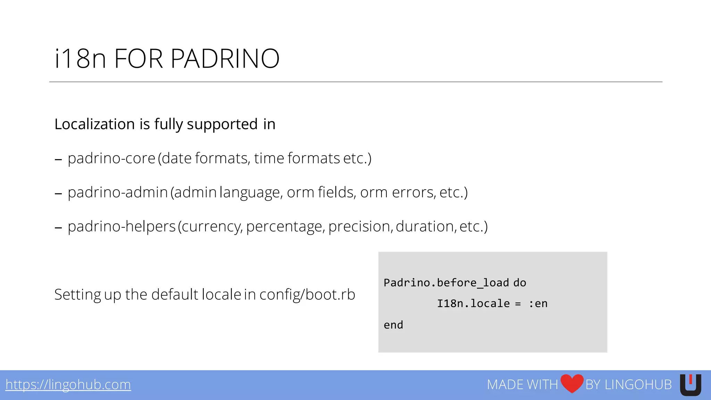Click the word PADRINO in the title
225,58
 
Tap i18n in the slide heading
80,58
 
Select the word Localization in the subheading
94,124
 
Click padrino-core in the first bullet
111,158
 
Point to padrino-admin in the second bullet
118,192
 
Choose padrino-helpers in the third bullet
122,226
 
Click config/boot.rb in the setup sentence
307,295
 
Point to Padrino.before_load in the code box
446,283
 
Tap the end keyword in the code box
393,325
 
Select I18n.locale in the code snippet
473,304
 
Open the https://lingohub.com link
68,385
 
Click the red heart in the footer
572,383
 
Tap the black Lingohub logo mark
691,385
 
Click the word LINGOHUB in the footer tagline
638,385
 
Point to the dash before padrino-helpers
58,228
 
